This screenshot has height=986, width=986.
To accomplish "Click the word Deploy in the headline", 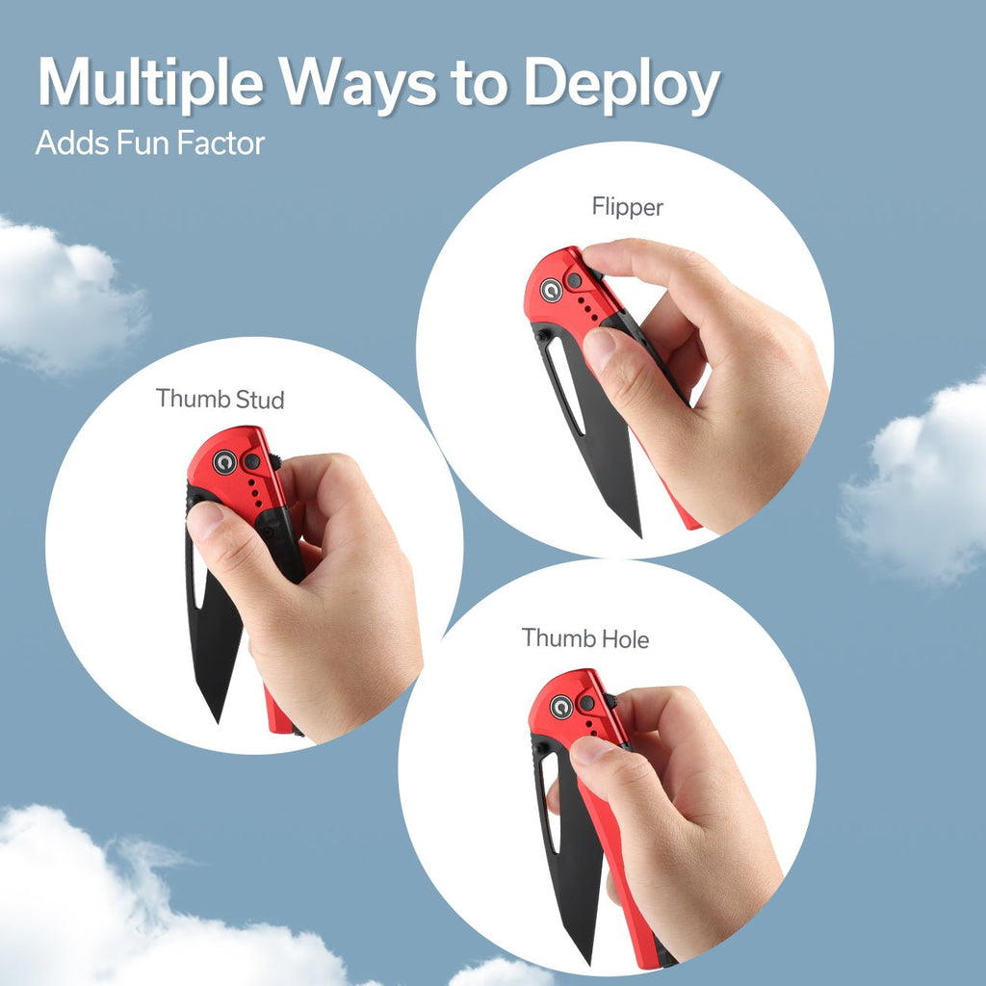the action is click(x=622, y=85).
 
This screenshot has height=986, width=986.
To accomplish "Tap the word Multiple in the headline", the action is click(x=150, y=83).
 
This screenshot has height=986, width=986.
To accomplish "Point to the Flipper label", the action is click(x=628, y=207).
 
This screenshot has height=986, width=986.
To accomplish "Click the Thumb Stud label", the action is click(x=221, y=399).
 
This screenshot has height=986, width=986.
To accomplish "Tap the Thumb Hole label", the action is click(x=585, y=638).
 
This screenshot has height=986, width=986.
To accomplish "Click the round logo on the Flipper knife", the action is click(x=552, y=290).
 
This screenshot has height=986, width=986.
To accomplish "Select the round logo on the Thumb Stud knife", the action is click(x=224, y=462).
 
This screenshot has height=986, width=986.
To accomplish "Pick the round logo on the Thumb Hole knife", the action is click(x=561, y=707).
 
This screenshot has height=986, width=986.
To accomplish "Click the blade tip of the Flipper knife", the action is click(x=639, y=535).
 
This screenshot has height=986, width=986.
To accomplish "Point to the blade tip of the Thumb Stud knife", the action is click(x=218, y=721).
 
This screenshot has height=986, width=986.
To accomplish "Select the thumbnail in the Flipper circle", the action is click(x=599, y=349).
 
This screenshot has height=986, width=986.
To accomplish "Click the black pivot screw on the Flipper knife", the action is click(x=574, y=280).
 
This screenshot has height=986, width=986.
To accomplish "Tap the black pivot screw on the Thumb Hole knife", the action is click(x=586, y=703).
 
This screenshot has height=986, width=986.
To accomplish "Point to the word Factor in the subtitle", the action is click(x=221, y=143).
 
